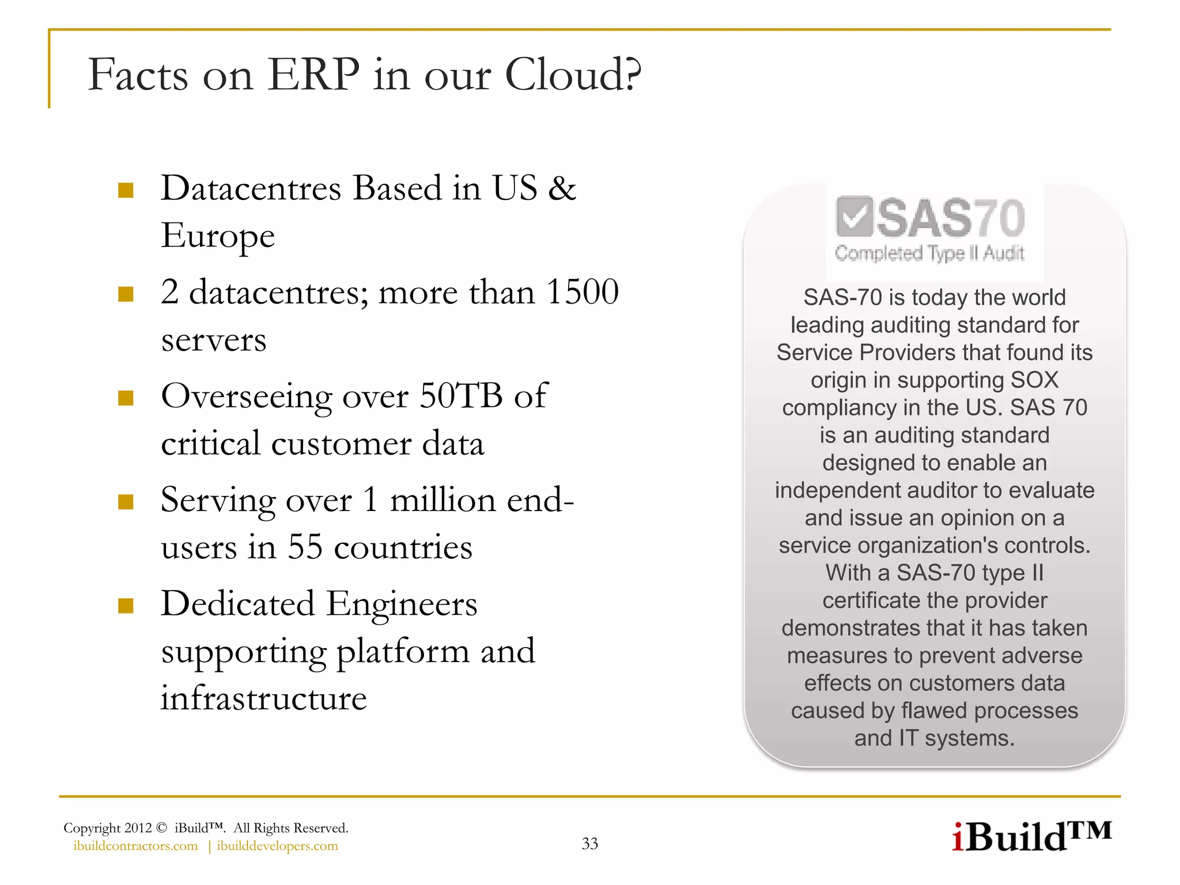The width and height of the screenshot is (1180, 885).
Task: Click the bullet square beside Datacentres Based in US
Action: [126, 190]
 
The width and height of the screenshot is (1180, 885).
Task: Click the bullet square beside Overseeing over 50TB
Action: [126, 398]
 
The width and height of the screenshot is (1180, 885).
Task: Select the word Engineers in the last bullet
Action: [402, 604]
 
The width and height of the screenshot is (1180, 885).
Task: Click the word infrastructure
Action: [263, 698]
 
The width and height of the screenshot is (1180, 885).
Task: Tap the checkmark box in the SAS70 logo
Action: [854, 217]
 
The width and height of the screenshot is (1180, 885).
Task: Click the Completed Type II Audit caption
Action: [929, 253]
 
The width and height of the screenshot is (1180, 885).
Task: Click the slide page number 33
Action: [590, 844]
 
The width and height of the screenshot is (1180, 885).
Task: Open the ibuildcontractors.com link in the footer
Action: [135, 846]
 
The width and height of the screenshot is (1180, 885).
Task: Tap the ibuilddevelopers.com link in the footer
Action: [277, 846]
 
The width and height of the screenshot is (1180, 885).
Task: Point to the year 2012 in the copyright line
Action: [138, 828]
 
